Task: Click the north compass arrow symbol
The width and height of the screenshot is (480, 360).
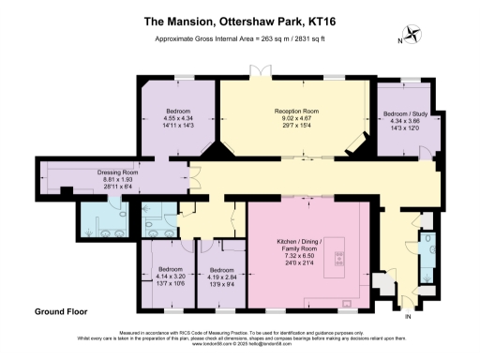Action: [x=413, y=38]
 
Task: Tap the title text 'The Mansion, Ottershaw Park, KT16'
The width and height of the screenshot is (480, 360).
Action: [x=239, y=17]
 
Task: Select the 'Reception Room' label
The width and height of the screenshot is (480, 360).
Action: [x=296, y=111]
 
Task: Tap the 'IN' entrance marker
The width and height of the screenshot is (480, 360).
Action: [x=407, y=317]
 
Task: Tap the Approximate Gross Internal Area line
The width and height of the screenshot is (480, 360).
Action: [x=239, y=38]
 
